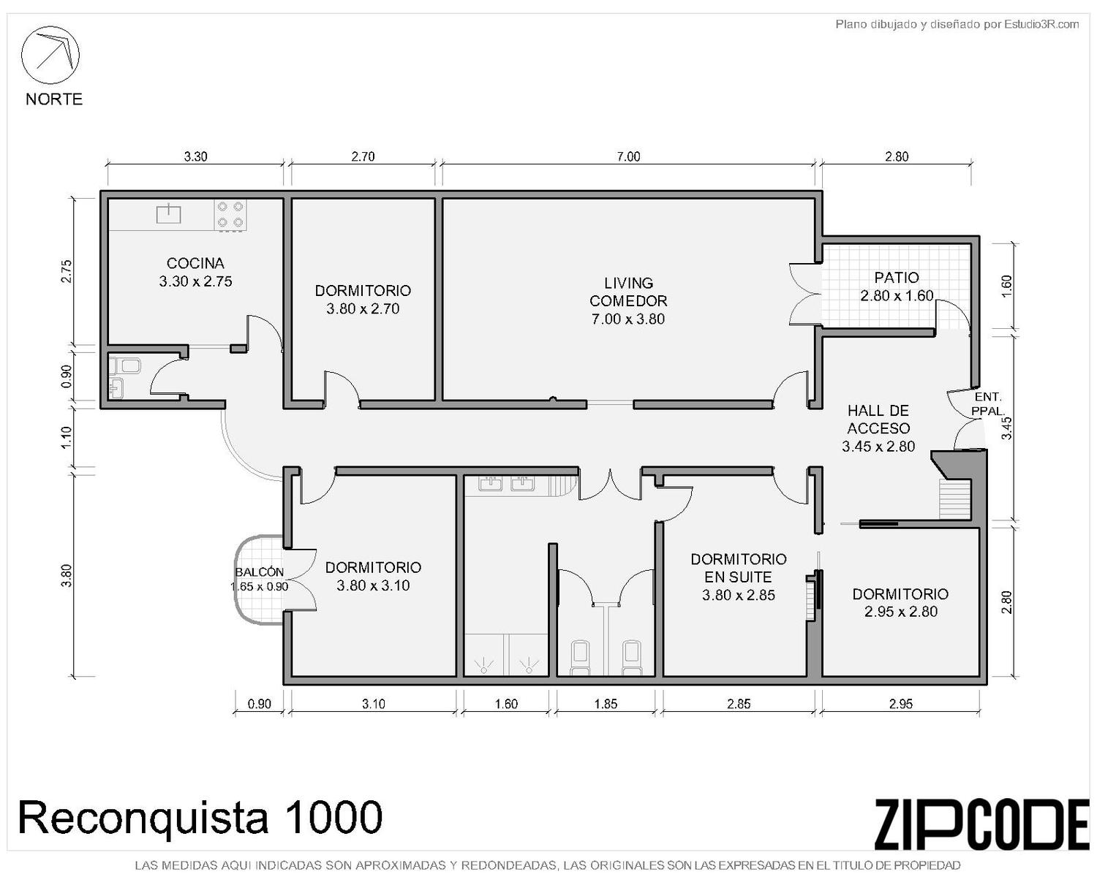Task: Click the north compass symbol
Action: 50,55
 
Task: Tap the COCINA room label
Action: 195,263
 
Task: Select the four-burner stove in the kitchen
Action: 230,215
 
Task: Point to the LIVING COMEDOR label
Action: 628,292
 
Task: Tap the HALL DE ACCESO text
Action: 878,419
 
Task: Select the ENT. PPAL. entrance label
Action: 987,403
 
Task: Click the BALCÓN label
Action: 259,572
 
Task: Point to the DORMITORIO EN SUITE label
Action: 738,568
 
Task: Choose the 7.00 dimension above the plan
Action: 628,156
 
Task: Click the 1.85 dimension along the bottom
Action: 606,704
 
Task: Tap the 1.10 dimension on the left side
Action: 67,437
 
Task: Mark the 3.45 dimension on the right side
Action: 1006,428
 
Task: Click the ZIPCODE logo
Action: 981,824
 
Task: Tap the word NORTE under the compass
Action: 54,99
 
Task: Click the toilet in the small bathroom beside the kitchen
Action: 125,365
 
